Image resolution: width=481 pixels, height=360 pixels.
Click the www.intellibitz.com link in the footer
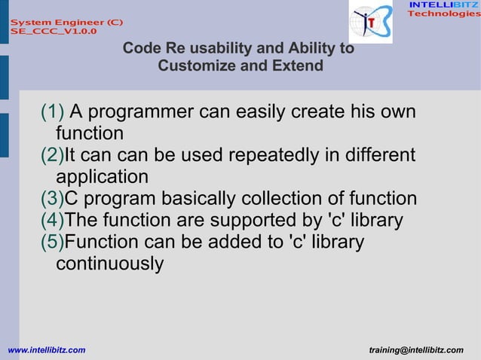coord(46,350)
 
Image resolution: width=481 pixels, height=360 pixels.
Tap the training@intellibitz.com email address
coord(416,350)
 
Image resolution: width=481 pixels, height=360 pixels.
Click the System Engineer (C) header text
coord(66,22)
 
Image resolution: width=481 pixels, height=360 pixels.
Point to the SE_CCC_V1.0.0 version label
coord(53,32)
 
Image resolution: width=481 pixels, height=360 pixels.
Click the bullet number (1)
coord(53,112)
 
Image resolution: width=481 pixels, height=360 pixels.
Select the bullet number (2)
coord(52,155)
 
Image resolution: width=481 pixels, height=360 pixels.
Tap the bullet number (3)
coord(52,199)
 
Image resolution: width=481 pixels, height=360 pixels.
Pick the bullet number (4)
coord(52,221)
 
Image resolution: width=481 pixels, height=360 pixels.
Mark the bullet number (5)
coord(52,243)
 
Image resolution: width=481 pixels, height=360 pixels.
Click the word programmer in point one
coord(139,112)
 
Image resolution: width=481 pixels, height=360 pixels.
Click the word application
coord(102,178)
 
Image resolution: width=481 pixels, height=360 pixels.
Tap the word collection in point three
coord(296,199)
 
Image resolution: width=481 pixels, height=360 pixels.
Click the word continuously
coord(109,264)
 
